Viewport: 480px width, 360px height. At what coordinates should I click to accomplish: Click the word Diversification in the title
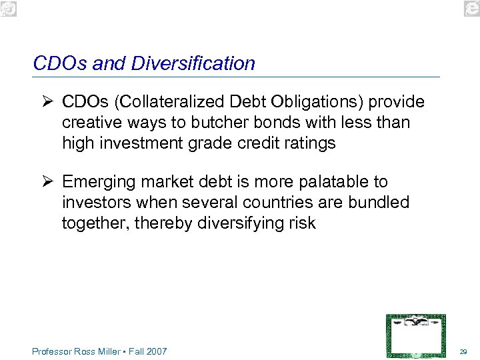(x=193, y=63)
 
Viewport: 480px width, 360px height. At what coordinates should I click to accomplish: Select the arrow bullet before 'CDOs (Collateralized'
(x=47, y=102)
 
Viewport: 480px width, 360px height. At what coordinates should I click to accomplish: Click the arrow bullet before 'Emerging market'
(x=47, y=182)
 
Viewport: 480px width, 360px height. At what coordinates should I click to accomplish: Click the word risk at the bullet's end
(x=303, y=223)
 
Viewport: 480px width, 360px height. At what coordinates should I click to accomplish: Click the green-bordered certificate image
(x=416, y=335)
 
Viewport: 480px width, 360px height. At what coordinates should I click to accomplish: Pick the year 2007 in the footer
(x=157, y=351)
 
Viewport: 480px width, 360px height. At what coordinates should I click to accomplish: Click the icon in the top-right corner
(x=471, y=8)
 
